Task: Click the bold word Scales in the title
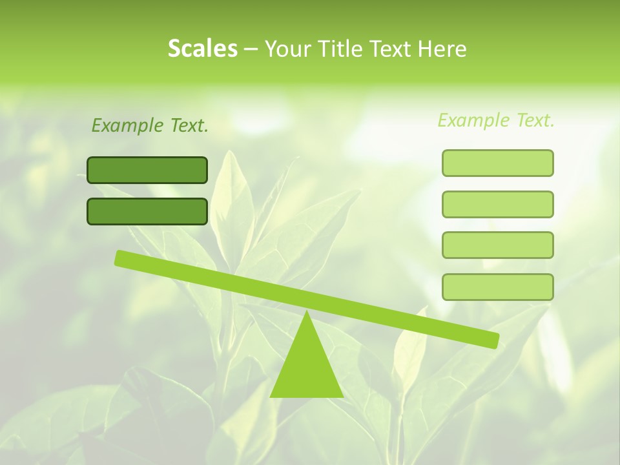coord(202,48)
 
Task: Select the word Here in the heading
coord(442,49)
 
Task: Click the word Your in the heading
coord(287,49)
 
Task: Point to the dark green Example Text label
coord(150,125)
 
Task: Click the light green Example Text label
coord(496,120)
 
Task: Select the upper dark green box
coord(147,170)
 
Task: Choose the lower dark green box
coord(147,211)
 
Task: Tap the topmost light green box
coord(497,163)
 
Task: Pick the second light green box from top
coord(497,204)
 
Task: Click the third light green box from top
coord(497,245)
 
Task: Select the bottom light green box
coord(497,287)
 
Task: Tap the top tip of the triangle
coord(306,313)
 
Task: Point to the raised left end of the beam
coord(121,258)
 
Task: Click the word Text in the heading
coord(387,49)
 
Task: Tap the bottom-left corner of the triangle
coord(271,396)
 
